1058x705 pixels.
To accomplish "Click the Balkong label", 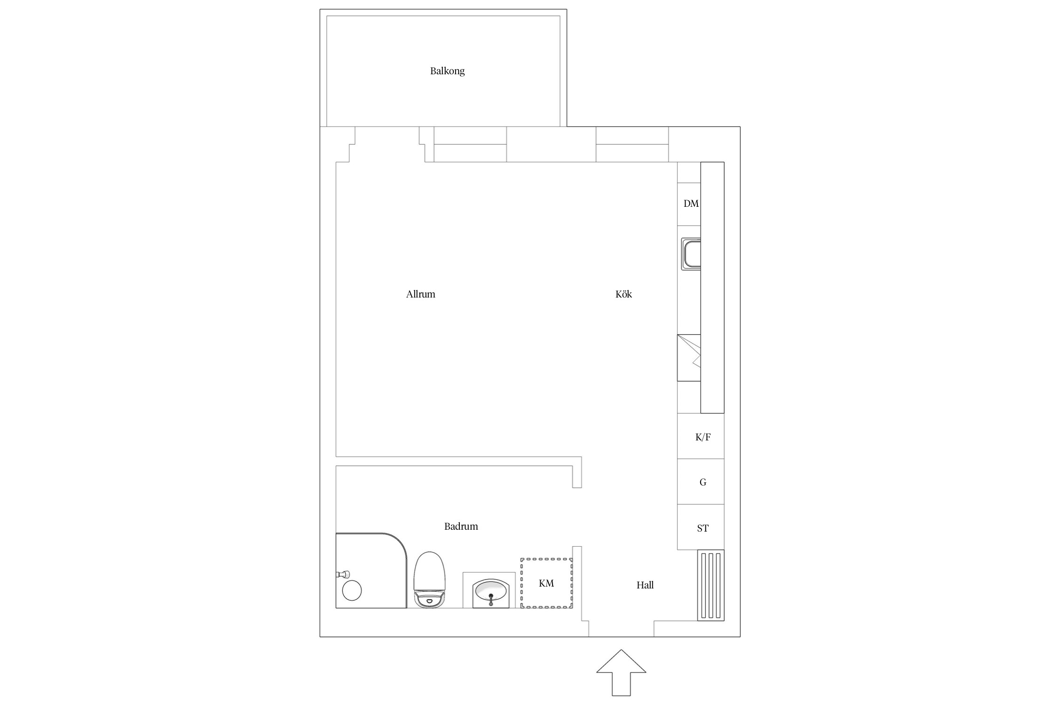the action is pos(447,71).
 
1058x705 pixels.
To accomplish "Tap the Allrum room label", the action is pos(420,294).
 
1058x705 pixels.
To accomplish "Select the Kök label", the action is pos(624,294).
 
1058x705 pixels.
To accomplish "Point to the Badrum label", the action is pos(461,526).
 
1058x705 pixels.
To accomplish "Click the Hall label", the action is pos(645,585).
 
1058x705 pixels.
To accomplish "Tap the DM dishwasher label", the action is pos(691,204).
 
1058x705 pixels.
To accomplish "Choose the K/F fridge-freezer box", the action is pos(701,436).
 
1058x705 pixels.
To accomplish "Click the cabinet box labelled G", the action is pos(701,482).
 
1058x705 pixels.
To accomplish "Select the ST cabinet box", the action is pos(701,527).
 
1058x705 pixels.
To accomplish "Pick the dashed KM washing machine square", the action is pos(546,583).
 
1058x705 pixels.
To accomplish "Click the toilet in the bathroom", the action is pos(429,580).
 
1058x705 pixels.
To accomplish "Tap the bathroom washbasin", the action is pos(491,594).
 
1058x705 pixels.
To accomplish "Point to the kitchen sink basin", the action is pos(691,254).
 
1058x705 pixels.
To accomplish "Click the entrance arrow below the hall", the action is pos(621,673).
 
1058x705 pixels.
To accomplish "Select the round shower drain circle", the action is pos(352,591).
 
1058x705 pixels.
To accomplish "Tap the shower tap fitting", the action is pos(343,574).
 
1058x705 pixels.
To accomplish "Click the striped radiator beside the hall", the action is pos(711,586).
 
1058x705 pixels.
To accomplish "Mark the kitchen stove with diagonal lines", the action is pos(689,358).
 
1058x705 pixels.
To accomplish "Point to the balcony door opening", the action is pos(387,144).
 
